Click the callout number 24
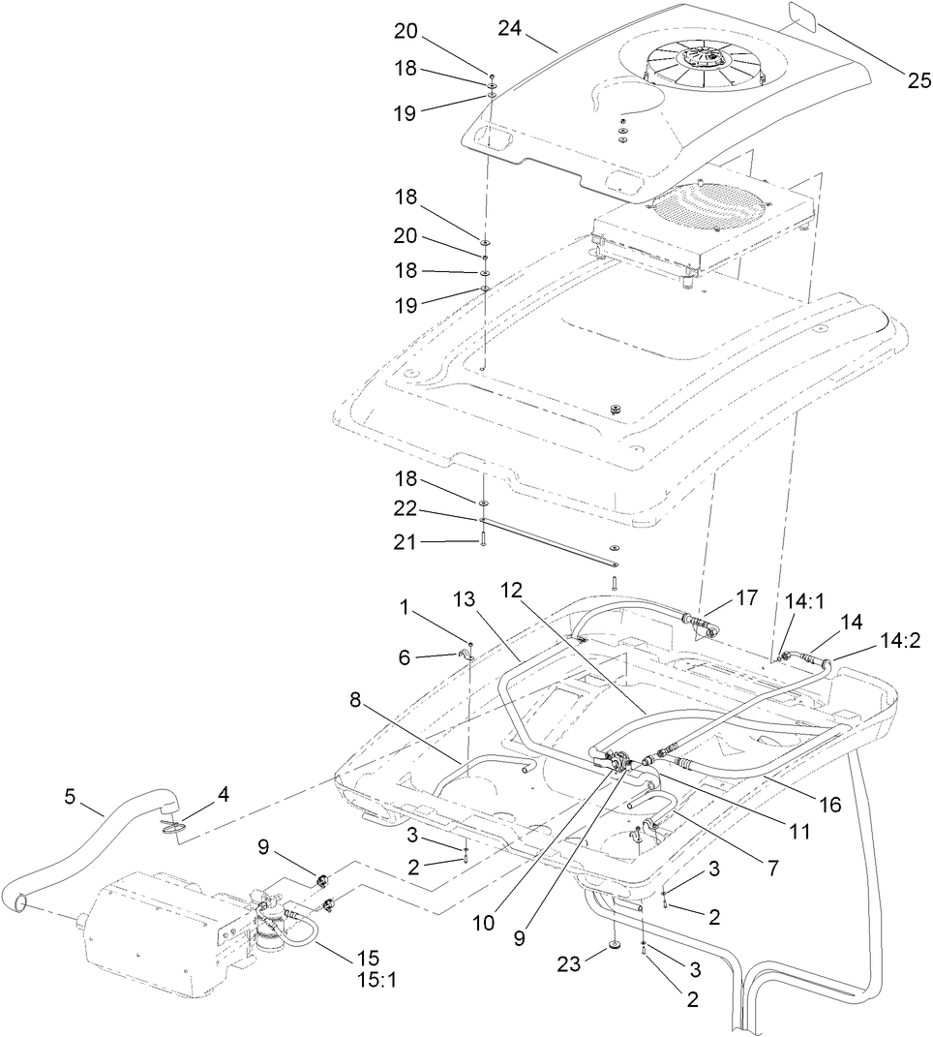[510, 29]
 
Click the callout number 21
[405, 543]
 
